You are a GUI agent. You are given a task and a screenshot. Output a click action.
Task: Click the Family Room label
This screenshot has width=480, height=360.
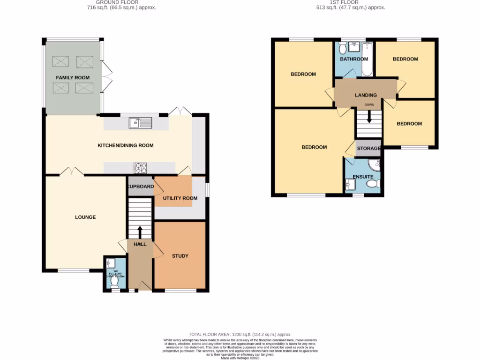coord(73,77)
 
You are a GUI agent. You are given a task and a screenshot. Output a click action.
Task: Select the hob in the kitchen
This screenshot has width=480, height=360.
coord(140,167)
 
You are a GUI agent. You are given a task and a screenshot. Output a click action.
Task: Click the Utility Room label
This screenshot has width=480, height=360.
coord(180,198)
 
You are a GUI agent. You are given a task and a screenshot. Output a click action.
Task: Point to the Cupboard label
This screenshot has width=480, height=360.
coord(141,187)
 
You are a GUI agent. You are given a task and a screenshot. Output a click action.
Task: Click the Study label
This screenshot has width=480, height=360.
coord(180,256)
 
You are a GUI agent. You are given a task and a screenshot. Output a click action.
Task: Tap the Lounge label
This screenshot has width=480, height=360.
coord(85,217)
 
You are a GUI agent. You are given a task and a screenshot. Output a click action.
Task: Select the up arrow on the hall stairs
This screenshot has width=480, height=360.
coord(140,232)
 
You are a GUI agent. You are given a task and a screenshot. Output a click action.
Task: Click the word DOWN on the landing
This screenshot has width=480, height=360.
coord(369,105)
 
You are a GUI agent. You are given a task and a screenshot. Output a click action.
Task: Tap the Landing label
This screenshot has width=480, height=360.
coord(366,96)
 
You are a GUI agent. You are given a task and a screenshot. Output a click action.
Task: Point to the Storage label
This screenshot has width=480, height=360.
coord(368,149)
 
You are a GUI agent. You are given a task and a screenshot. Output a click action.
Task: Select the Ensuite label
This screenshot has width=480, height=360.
coord(363,177)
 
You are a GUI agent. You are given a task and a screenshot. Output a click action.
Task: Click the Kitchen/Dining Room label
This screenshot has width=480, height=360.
coord(125,145)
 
